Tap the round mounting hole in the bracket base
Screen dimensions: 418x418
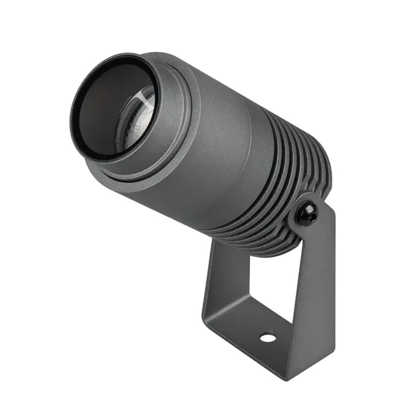tap(267, 337)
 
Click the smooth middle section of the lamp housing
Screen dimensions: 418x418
tap(226, 143)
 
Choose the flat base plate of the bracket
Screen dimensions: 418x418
tap(256, 331)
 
